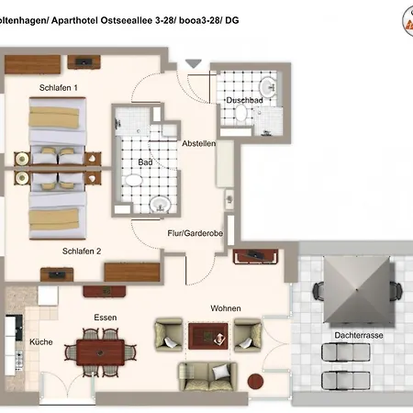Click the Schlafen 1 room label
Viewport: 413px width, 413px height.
point(59,88)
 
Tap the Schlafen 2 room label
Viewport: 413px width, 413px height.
point(82,251)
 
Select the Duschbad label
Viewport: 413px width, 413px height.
point(244,100)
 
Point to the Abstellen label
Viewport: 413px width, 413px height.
point(199,143)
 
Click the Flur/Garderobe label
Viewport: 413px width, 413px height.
point(195,233)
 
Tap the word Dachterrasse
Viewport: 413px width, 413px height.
point(359,335)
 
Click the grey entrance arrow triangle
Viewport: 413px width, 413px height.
point(194,63)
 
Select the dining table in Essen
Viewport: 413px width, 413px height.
point(100,352)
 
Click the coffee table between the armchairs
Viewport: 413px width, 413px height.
point(208,336)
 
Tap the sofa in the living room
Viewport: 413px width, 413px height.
point(207,376)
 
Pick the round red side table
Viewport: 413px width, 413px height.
point(255,381)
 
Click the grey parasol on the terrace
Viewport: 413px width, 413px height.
point(357,289)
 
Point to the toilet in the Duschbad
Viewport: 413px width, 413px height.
point(241,113)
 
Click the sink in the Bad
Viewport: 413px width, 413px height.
point(160,204)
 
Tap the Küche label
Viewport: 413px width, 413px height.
point(41,341)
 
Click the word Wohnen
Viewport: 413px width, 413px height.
point(226,308)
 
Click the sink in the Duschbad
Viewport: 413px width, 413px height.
point(268,87)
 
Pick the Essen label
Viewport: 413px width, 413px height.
point(106,318)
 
